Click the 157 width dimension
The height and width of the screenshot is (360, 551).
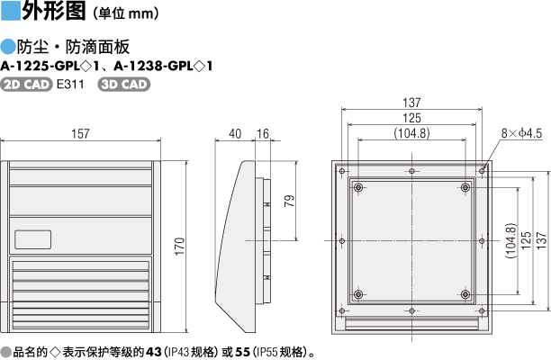[80, 134]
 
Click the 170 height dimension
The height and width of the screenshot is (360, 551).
[179, 247]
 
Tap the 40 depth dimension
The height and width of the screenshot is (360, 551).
[235, 134]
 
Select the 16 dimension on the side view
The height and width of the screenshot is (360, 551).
[263, 134]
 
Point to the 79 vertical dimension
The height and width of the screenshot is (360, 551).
[290, 201]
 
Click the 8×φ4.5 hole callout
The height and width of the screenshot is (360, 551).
[521, 133]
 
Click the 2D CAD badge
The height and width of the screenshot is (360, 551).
[26, 85]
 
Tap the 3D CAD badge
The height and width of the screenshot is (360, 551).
[123, 85]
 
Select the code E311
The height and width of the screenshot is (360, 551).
[70, 85]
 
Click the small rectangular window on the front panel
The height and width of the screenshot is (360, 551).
[33, 239]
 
